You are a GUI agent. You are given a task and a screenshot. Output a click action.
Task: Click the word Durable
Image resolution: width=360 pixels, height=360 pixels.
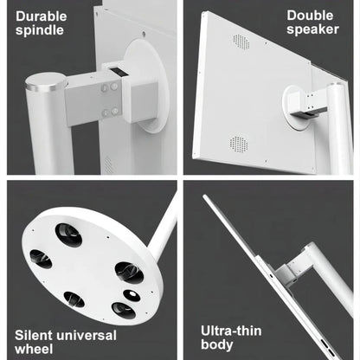pos(42,16)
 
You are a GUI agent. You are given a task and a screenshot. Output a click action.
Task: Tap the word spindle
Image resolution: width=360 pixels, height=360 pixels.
pos(40,30)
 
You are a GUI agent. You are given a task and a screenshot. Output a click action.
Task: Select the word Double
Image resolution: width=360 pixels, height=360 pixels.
pos(310,16)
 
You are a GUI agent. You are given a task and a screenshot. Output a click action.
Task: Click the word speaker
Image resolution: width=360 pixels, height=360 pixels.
pos(312,29)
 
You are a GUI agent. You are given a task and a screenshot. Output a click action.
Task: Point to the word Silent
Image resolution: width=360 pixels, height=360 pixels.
pos(34,335)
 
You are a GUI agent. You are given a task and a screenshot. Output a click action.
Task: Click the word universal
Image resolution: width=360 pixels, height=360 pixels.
pos(87,335)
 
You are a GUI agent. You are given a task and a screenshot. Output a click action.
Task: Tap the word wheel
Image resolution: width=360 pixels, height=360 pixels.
pos(34,349)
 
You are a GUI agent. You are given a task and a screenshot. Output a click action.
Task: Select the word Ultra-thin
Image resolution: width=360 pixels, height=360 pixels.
pos(231,331)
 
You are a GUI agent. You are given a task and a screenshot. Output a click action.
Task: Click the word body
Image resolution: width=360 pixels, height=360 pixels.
pos(217,345)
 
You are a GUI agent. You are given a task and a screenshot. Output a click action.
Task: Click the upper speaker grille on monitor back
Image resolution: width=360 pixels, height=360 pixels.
pos(241,42)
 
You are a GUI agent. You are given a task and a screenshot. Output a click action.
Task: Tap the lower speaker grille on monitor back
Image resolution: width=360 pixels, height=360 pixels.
pos(239,144)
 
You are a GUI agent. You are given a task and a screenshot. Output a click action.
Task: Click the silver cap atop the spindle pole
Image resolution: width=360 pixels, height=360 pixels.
pos(46,81)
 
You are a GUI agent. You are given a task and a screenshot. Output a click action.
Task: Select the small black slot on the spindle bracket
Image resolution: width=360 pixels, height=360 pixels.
pos(119,72)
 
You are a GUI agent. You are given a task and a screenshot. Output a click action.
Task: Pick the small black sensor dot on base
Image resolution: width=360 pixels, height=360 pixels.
pos(132,295)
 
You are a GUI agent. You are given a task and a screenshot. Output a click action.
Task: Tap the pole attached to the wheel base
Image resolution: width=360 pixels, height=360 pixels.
pos(164,228)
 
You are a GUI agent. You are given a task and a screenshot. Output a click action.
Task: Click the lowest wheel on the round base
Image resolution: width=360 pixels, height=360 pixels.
pos(124,311)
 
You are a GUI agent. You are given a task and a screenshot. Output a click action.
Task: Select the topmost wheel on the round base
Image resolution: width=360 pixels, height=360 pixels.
pos(68,235)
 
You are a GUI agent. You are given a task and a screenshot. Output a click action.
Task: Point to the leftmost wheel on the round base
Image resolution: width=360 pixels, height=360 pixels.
pos(41,259)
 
